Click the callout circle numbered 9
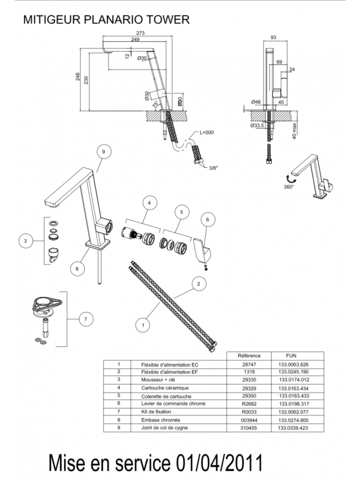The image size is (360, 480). pos(103,153)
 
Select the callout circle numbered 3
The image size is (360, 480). pos(25,242)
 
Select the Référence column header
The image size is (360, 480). pos(249,355)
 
